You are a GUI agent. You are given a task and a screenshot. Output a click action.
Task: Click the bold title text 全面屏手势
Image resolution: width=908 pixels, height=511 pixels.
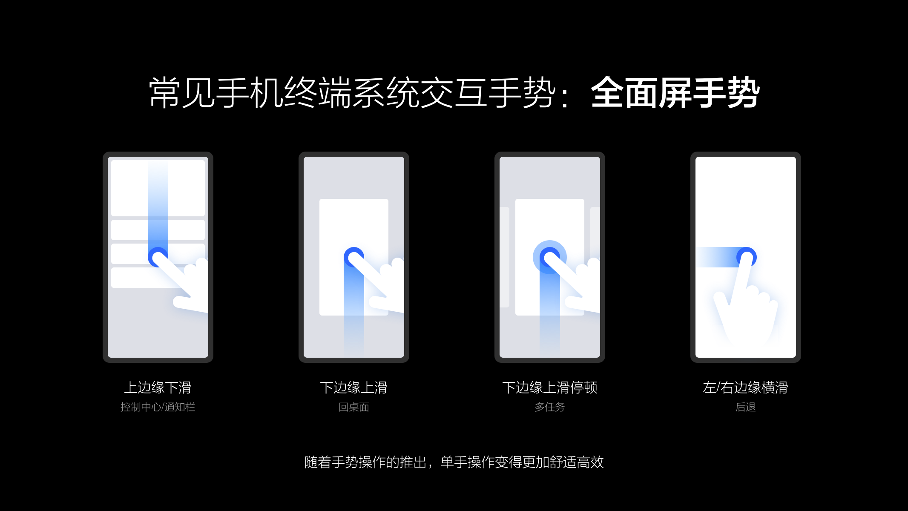pos(675,93)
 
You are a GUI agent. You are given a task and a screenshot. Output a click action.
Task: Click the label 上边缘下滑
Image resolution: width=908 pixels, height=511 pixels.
pos(158,388)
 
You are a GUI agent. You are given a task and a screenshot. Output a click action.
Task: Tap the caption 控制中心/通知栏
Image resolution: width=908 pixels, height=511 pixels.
pos(158,407)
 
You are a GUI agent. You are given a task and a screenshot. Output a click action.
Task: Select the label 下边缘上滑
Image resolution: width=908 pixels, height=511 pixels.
pos(353,388)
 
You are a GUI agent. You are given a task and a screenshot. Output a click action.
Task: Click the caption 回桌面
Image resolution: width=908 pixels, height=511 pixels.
pos(353,407)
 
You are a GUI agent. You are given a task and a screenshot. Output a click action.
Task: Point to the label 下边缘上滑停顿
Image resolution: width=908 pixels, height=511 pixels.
pos(549,388)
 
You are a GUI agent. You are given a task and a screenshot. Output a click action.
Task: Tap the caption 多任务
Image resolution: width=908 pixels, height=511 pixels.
pos(549,407)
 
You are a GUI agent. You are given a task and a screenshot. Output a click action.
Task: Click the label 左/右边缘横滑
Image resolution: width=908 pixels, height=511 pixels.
pos(745,388)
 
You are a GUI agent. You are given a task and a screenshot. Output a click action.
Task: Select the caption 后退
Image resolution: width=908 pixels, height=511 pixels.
pos(745,407)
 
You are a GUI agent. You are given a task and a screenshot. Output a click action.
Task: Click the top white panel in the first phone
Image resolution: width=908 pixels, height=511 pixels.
pos(128,187)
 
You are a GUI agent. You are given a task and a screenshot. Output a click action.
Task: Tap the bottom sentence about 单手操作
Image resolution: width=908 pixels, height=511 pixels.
pos(454,462)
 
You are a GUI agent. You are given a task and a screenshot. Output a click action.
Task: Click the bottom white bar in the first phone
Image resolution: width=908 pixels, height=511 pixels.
pos(136,278)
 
